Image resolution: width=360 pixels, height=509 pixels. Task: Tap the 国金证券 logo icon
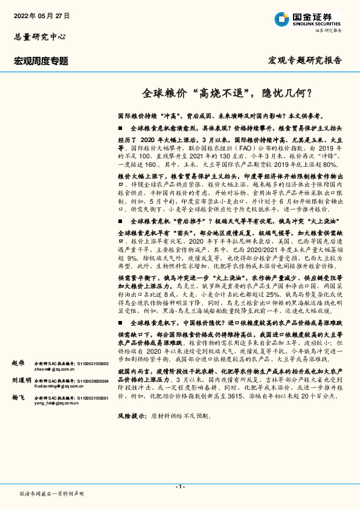(281, 19)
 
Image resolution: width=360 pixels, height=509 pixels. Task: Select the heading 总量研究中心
(39, 36)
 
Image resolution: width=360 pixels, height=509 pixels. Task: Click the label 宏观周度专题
(41, 61)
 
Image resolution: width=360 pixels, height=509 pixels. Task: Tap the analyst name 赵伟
(18, 362)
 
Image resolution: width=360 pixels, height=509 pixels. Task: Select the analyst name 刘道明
(21, 381)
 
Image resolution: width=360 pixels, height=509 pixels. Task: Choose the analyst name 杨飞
(18, 400)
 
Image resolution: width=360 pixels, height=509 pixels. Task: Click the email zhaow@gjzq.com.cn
(53, 368)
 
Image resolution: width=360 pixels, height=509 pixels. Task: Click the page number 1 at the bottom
(179, 486)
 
